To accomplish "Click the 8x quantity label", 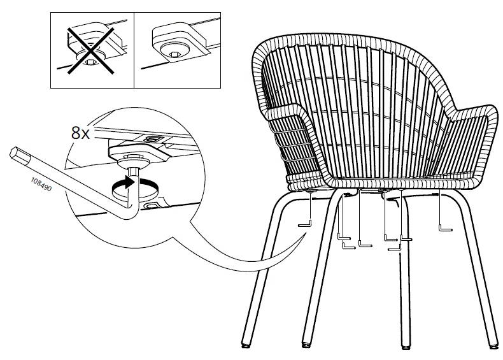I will coord(81,134).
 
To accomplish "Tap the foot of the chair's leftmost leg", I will coord(247,345).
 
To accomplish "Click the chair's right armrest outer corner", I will coord(491,113).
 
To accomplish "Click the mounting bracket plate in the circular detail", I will coord(134,151).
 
